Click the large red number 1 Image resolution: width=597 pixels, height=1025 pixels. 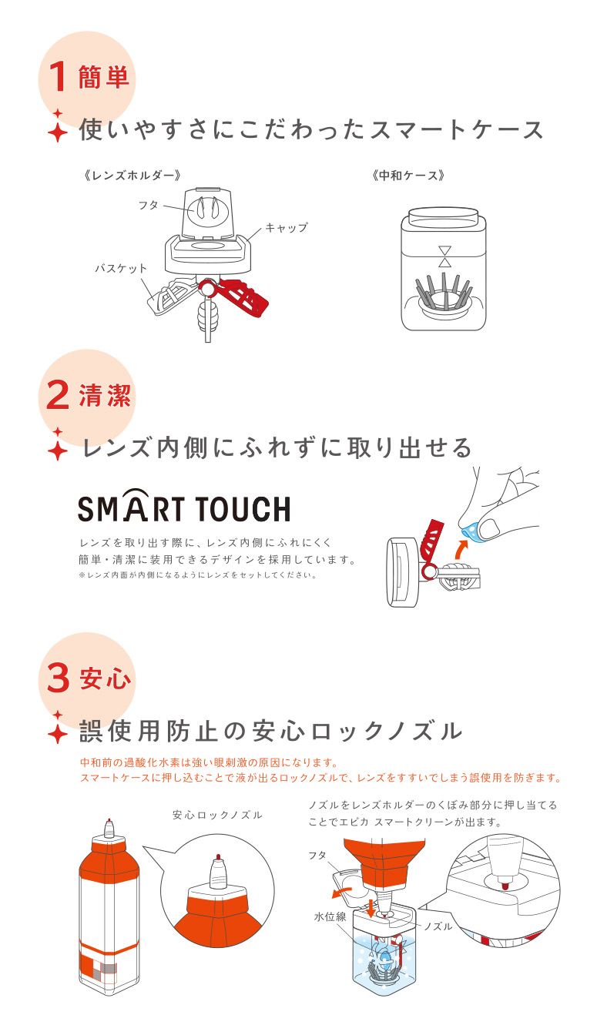point(58,76)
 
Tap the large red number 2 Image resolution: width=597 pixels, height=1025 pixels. point(58,395)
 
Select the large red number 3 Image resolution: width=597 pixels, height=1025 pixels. point(58,678)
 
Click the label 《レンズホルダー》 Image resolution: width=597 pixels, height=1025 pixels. point(132,176)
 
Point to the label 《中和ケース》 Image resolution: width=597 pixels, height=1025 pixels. point(408,176)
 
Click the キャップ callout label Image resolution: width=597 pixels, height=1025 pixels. point(287,227)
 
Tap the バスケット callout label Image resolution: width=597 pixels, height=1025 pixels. point(121,268)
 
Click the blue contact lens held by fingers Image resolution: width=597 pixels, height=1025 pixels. point(471,531)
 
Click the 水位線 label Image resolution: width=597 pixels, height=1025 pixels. point(330,914)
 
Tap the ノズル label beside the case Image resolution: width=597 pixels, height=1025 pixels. point(438,926)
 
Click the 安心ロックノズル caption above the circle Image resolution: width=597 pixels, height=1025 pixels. point(217,815)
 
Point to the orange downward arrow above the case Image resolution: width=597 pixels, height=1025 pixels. point(371,909)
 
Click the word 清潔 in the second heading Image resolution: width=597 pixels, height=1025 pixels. point(105,395)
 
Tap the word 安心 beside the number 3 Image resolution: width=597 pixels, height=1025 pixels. point(105,678)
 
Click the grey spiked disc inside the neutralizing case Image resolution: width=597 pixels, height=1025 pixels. point(443,294)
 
